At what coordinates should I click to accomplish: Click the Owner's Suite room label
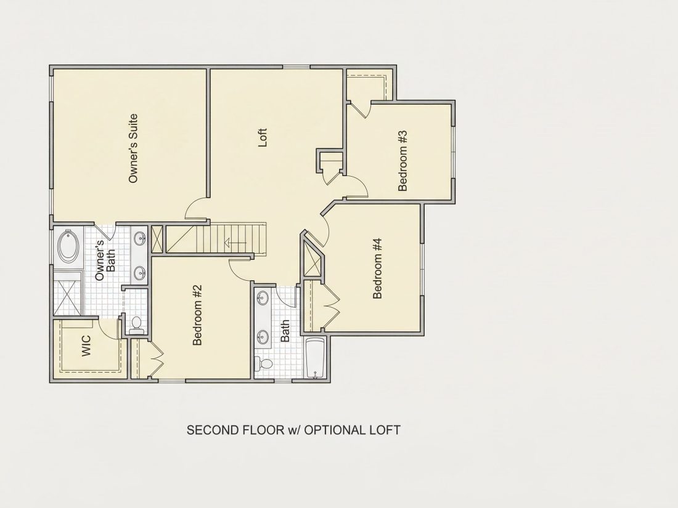[x=133, y=148]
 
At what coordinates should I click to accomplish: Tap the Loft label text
[x=263, y=137]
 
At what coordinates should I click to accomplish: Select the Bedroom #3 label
[x=402, y=161]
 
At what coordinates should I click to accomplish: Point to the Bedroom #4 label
[x=377, y=268]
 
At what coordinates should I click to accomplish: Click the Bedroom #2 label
[x=197, y=315]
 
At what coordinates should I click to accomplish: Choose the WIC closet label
[x=86, y=345]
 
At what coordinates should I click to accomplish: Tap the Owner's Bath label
[x=105, y=260]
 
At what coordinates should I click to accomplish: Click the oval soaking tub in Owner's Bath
[x=69, y=246]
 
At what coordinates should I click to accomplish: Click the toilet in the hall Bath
[x=263, y=363]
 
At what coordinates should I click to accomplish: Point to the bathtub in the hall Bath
[x=315, y=358]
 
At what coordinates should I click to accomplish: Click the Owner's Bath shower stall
[x=67, y=293]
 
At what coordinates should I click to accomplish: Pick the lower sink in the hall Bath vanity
[x=263, y=335]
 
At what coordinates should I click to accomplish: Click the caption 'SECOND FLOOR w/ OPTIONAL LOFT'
[x=293, y=430]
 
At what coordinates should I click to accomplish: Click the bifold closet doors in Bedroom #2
[x=156, y=358]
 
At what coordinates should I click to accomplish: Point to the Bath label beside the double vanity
[x=285, y=331]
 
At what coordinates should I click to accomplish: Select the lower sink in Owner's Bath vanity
[x=140, y=273]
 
